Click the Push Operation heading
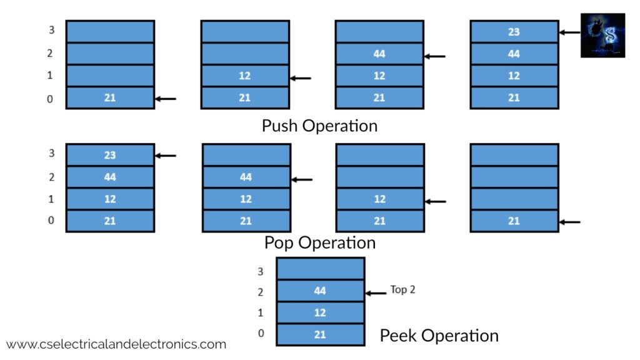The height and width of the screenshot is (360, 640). coord(319,126)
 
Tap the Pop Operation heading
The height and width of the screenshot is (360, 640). coord(320,243)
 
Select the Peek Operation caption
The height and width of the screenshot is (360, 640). coord(439,336)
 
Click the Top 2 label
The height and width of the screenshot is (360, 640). coord(402,290)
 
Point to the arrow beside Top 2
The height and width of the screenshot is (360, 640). coord(376,293)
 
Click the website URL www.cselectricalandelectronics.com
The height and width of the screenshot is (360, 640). coord(116,344)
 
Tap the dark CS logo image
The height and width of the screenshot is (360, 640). coord(603,35)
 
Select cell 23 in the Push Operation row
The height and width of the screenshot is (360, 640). coord(514,31)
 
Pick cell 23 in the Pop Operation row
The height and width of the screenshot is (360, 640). coord(110,155)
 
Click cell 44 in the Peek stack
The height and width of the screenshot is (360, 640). coord(321,291)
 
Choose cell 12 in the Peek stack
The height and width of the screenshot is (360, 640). coord(321,312)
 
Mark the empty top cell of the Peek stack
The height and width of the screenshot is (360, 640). coord(321,269)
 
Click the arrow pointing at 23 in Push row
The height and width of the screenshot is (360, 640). coord(569,32)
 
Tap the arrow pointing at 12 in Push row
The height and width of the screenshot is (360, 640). coord(301,78)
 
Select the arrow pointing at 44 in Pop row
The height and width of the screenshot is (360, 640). coord(302,179)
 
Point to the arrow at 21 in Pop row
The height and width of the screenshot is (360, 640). coord(570,222)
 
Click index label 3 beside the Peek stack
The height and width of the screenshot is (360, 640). coord(261,271)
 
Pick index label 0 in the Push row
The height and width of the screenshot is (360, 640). coord(50,99)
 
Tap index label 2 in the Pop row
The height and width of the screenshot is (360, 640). coord(51,177)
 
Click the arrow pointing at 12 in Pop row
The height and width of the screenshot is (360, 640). coord(436,202)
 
